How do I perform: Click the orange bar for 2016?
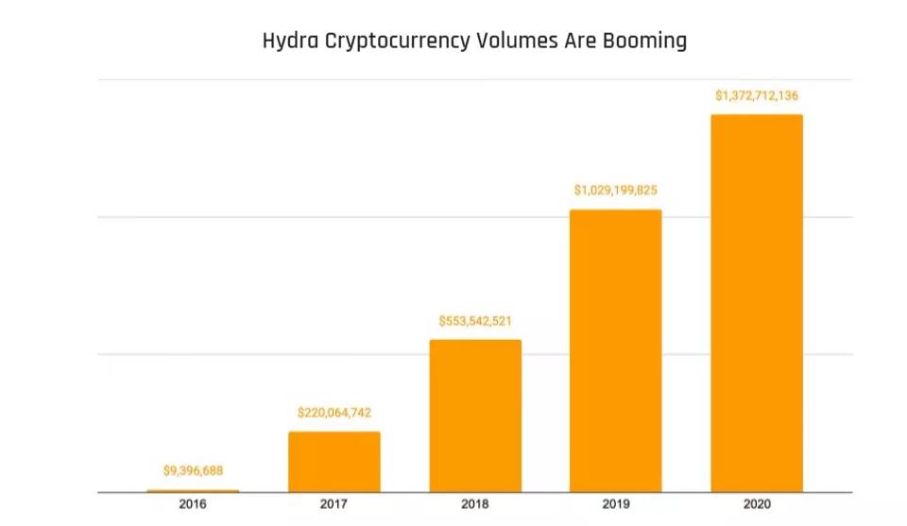[x=193, y=490]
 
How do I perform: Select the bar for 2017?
[x=334, y=462]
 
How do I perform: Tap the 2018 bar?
[x=475, y=416]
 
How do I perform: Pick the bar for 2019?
[x=616, y=350]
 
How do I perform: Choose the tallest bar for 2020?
[x=757, y=303]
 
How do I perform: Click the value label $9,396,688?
[x=193, y=470]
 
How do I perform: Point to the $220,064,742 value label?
[x=334, y=413]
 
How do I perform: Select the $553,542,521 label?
[x=475, y=321]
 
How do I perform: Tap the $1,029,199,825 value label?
[x=616, y=191]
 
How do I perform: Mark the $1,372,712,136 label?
[x=757, y=95]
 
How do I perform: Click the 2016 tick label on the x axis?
[x=193, y=505]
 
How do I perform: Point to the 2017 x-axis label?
[x=334, y=505]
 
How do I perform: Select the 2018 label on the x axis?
[x=475, y=505]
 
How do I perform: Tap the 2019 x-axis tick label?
[x=616, y=505]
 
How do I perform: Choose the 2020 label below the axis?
[x=757, y=505]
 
